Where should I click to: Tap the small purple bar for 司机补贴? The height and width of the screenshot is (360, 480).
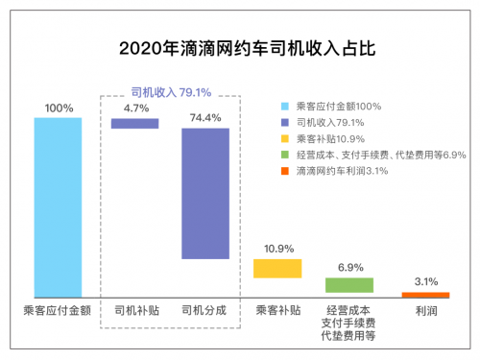point(135,123)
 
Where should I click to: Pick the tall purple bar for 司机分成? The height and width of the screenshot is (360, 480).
point(205,193)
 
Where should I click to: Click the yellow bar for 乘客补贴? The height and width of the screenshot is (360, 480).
point(277,268)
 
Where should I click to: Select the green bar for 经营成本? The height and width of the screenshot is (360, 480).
point(348,285)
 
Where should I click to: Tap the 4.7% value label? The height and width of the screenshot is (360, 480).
point(135,108)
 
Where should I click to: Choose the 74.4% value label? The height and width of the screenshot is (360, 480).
point(205,116)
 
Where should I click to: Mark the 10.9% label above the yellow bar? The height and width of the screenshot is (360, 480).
point(277,249)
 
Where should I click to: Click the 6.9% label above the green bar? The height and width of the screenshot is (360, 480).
point(348,266)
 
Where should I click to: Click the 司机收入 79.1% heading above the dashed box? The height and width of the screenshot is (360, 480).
point(171,92)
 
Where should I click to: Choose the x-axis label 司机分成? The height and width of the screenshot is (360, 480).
point(205,311)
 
